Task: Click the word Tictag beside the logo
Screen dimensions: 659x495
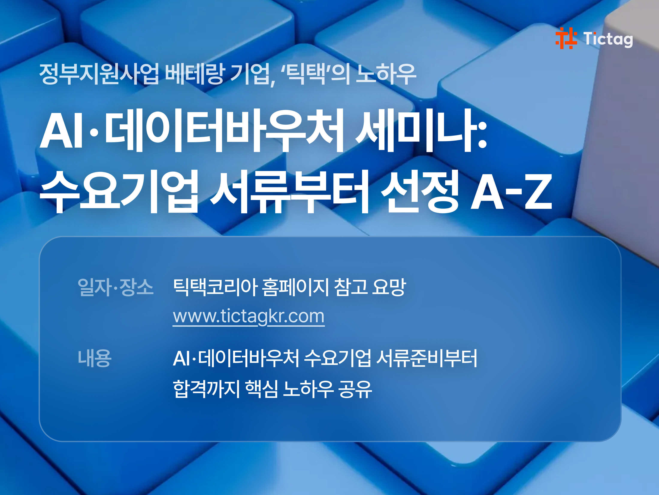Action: [x=608, y=39]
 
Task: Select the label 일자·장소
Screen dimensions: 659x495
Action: [x=115, y=287]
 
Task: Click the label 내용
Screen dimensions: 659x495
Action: [x=94, y=358]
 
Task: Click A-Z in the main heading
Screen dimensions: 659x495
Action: [x=511, y=192]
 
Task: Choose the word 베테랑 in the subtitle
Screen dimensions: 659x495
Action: [x=194, y=74]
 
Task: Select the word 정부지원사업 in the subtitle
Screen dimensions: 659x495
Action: [x=99, y=74]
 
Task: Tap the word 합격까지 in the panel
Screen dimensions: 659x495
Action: [x=206, y=389]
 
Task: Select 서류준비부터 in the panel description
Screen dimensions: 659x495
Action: [x=427, y=358]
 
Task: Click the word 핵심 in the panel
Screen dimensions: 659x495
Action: [x=261, y=389]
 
